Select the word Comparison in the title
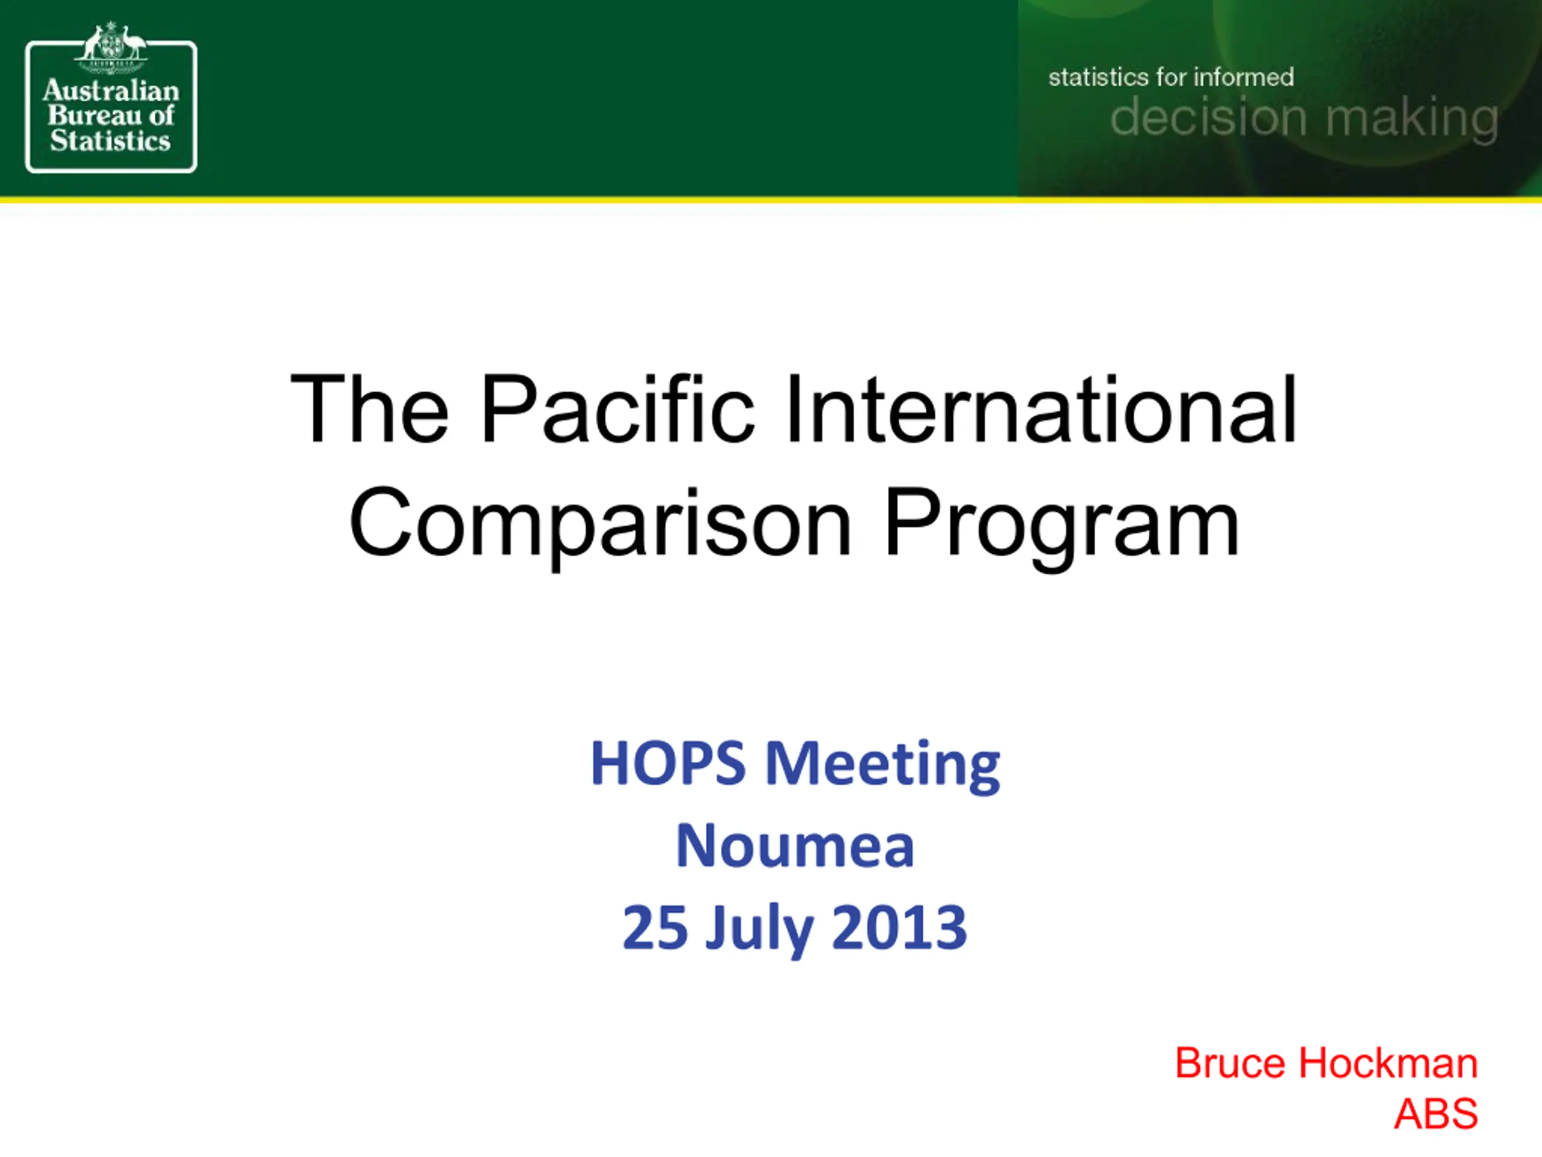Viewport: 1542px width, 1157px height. [600, 522]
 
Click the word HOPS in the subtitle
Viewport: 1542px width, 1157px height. [668, 763]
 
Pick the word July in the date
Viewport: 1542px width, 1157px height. [759, 931]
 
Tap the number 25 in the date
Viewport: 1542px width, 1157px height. [655, 927]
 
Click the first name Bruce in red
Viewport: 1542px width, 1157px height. [1230, 1064]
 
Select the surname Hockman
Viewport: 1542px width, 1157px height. [1388, 1064]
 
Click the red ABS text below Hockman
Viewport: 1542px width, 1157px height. [1435, 1113]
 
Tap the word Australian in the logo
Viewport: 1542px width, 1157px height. [111, 90]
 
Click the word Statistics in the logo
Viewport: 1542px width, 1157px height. [110, 141]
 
